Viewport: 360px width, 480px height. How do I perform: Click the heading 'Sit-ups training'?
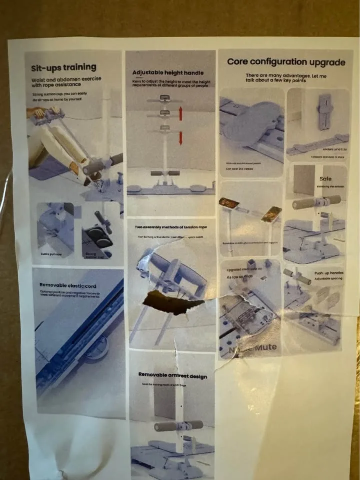point(63,67)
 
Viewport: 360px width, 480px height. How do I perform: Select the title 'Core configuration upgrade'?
point(286,62)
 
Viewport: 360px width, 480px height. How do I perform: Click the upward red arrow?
point(180,113)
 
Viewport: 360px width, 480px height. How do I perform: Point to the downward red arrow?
point(180,137)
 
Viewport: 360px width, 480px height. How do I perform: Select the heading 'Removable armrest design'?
point(172,375)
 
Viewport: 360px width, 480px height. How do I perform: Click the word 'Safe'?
point(325,178)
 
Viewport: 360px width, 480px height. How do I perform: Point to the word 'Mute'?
point(265,347)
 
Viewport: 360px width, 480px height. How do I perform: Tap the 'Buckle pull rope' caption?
point(51,254)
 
